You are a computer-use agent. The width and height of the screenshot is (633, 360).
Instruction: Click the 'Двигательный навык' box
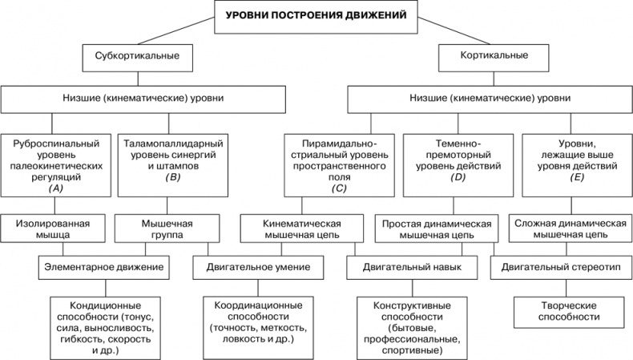[x=410, y=265]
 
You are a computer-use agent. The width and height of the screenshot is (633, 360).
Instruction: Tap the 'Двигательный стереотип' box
[x=562, y=265]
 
